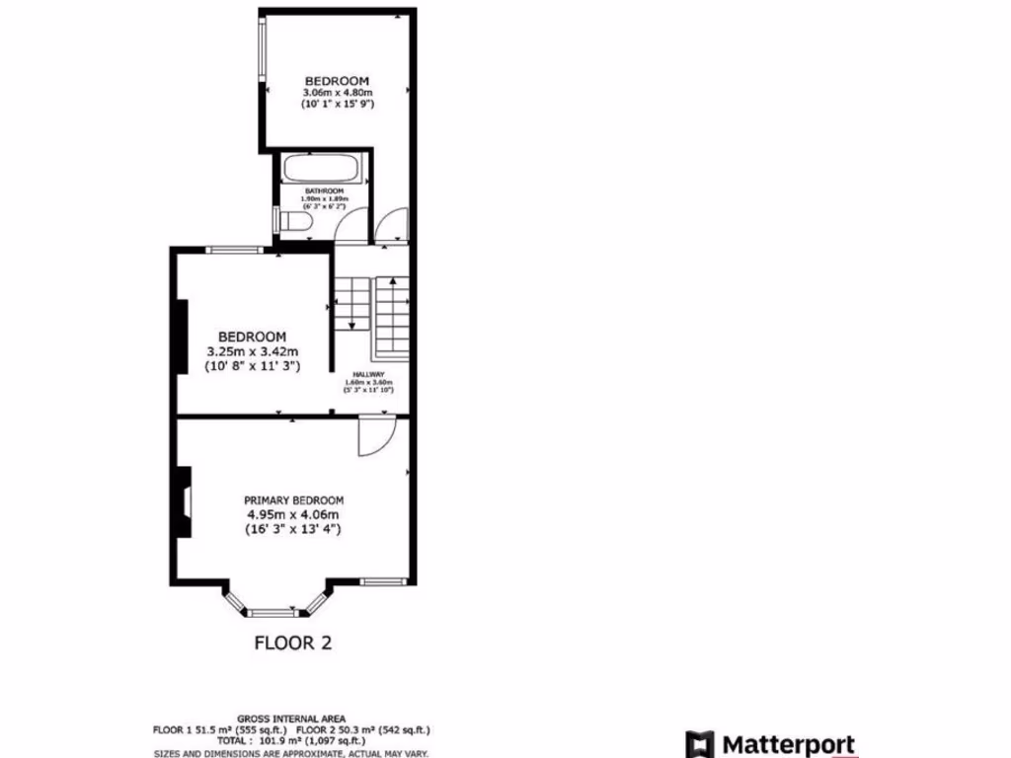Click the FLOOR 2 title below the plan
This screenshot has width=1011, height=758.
point(293,644)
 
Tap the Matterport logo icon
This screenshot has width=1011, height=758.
point(700,743)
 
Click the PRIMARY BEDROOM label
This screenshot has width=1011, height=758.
point(293,500)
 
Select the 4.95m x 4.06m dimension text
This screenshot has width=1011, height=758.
point(293,514)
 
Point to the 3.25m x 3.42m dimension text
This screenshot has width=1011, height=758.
point(252,351)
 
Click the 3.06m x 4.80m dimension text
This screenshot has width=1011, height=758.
point(337,92)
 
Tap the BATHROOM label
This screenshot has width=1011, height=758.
point(324,190)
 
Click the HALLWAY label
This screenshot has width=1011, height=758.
point(368,375)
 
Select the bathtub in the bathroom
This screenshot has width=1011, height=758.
point(325,168)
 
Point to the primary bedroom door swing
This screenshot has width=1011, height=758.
point(375,434)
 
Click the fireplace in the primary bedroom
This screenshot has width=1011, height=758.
point(184,501)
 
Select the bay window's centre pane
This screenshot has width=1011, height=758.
point(272,613)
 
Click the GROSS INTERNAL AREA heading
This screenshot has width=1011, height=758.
point(292,719)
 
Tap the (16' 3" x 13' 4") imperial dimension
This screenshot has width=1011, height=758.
point(293,529)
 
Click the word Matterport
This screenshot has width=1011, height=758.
point(790,743)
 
